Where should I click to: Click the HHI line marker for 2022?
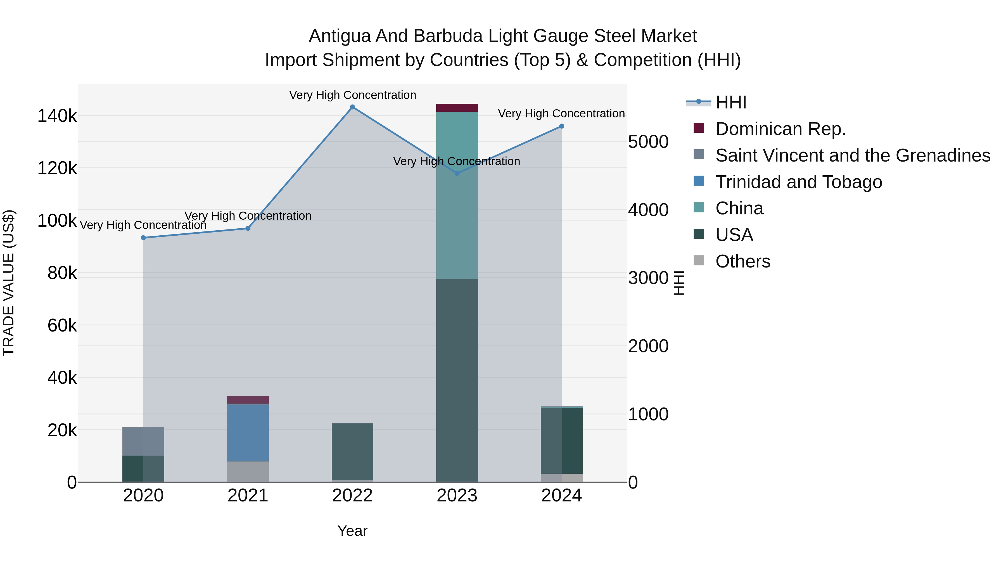[x=352, y=107]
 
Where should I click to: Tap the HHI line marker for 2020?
[x=143, y=238]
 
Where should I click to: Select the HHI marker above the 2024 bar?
[x=562, y=126]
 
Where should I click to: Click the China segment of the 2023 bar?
[x=457, y=195]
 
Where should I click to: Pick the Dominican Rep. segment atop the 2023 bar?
[x=457, y=108]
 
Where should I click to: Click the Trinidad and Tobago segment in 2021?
[x=248, y=432]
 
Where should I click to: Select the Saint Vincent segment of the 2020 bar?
[x=143, y=441]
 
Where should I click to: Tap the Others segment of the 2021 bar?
[x=248, y=472]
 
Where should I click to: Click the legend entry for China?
[x=739, y=208]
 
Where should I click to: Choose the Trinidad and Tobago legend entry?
[x=799, y=182]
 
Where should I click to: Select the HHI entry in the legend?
[x=731, y=102]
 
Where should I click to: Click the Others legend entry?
[x=743, y=261]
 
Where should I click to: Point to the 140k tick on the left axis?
[x=57, y=116]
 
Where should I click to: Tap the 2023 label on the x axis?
[x=457, y=496]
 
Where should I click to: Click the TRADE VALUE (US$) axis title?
[x=9, y=283]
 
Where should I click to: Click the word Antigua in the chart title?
[x=339, y=36]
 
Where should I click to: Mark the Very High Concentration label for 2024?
[x=561, y=114]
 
